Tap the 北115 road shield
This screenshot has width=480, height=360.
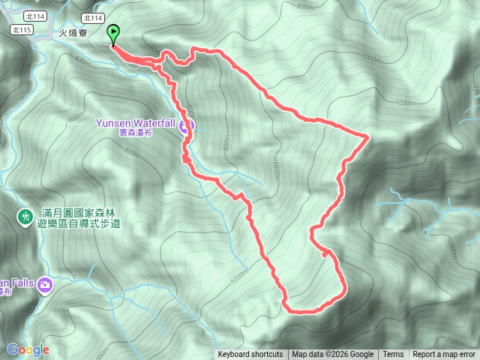(22, 30)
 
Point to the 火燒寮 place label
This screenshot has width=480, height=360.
(73, 34)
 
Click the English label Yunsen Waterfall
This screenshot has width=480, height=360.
(135, 123)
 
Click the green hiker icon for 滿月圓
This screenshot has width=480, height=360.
(24, 217)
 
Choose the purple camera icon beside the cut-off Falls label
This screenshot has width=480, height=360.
(45, 284)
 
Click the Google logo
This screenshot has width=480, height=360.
(28, 349)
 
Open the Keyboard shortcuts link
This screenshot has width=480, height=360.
(250, 355)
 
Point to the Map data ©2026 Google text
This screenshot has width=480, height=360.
(332, 355)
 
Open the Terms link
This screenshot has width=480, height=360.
(393, 355)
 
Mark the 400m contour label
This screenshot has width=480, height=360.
(82, 60)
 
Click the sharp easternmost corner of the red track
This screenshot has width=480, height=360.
(366, 136)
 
